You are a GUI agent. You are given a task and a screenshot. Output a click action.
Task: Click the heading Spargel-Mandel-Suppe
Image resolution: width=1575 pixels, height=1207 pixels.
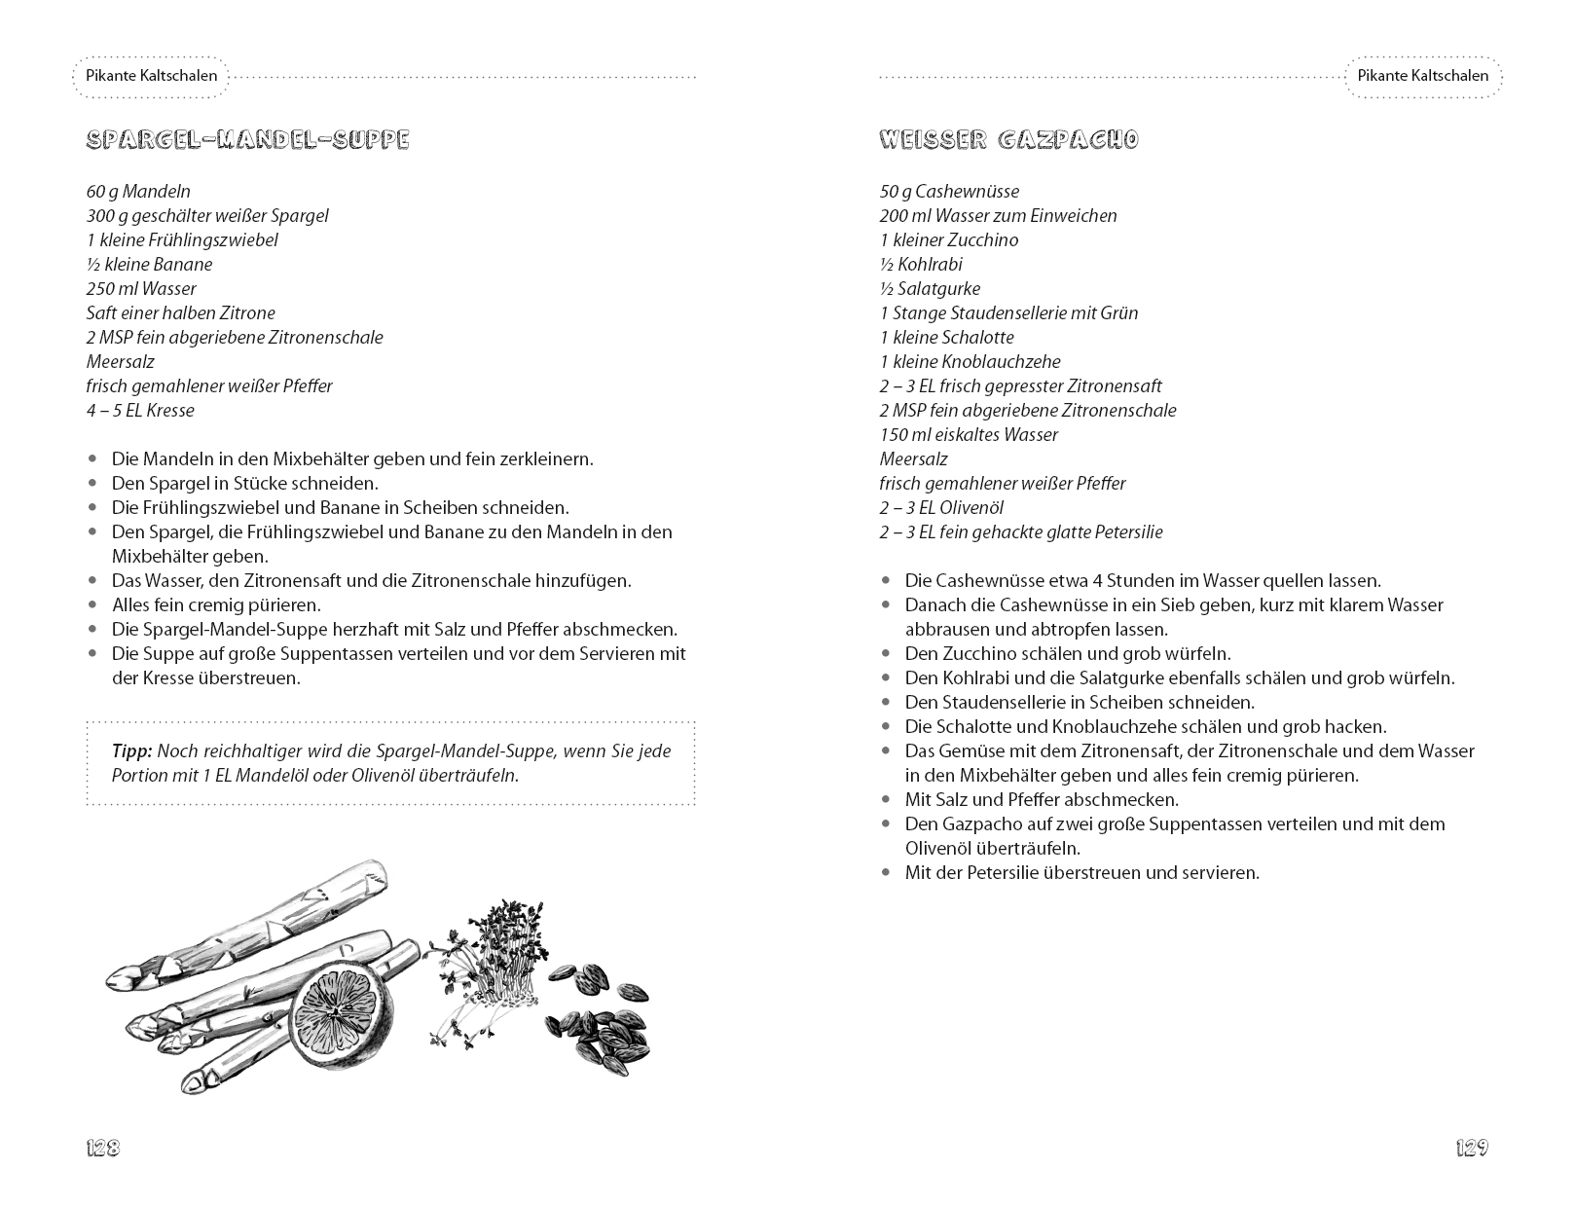[247, 140]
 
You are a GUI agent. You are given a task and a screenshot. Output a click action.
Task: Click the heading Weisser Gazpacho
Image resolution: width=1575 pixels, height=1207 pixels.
[1008, 140]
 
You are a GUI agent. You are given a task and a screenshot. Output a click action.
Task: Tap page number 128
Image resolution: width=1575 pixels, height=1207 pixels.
[103, 1148]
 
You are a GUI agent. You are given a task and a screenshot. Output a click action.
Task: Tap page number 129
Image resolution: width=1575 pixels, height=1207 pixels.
[1472, 1148]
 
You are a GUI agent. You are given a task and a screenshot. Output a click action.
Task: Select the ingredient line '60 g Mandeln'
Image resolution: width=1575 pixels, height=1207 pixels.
[138, 192]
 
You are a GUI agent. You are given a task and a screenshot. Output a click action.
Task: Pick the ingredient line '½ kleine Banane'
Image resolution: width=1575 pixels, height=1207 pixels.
[149, 265]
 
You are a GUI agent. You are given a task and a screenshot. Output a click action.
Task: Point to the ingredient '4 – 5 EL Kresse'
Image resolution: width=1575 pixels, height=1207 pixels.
[140, 411]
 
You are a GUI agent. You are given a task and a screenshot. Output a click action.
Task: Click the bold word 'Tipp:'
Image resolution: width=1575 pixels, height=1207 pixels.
[132, 751]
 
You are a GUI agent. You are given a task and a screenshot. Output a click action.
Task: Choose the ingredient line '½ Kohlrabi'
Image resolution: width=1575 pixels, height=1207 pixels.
[921, 265]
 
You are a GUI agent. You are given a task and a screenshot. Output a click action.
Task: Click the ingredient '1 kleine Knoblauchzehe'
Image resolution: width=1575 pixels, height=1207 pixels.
[970, 362]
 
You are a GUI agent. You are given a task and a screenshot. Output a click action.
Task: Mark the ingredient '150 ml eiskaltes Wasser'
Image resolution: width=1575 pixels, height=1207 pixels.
[969, 435]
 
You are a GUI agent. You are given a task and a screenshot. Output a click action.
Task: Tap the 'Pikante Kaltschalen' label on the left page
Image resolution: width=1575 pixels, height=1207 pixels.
[151, 76]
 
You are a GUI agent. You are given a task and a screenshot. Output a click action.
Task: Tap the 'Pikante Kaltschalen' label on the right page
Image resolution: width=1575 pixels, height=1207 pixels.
[1423, 76]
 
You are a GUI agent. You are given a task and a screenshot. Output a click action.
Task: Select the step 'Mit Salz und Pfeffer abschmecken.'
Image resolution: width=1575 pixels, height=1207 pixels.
[1042, 800]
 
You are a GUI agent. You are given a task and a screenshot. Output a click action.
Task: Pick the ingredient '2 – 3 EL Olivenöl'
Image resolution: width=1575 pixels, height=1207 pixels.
[941, 508]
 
